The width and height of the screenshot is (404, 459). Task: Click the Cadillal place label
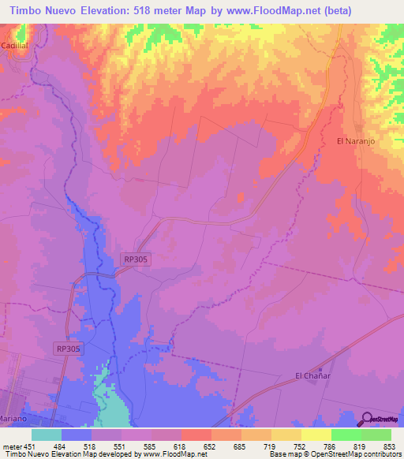tap(13, 47)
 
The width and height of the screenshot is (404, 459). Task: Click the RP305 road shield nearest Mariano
tap(69, 347)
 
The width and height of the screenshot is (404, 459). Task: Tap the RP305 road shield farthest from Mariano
tap(136, 258)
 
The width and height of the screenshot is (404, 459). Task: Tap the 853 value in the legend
tap(391, 446)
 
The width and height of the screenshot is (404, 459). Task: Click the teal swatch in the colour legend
tap(47, 435)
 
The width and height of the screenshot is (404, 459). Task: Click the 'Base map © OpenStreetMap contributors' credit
tap(335, 454)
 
